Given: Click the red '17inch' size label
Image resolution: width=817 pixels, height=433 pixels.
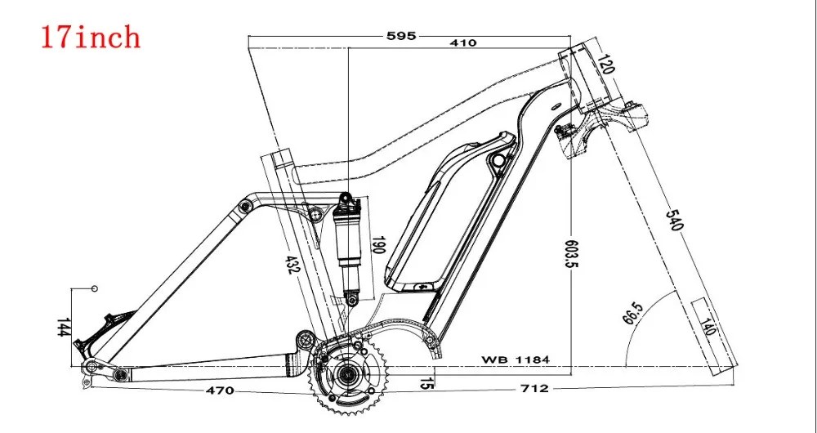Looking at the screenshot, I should point(92,37).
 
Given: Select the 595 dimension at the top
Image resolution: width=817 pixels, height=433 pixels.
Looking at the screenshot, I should point(402,35).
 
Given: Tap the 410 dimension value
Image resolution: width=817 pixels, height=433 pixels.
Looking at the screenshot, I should point(462,42).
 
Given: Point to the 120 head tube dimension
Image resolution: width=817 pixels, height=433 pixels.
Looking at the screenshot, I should point(605,64).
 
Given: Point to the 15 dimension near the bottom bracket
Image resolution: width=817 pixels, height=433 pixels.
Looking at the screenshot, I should point(425,382).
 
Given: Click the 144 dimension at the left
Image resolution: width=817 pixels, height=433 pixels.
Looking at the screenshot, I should point(64,328).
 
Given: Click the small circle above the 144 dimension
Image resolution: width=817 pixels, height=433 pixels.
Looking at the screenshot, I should point(94,288).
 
